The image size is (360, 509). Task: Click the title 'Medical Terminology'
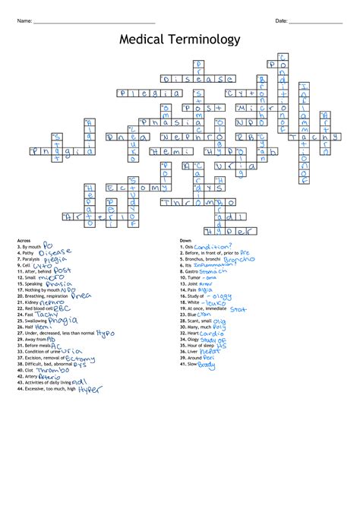pos(180,40)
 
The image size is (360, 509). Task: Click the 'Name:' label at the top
pos(24,21)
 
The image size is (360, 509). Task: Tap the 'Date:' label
pos(281,21)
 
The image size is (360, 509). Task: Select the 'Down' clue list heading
pos(187,240)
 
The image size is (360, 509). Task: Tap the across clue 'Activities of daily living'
pos(48,381)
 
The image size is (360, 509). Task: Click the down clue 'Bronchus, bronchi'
pos(204,259)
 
